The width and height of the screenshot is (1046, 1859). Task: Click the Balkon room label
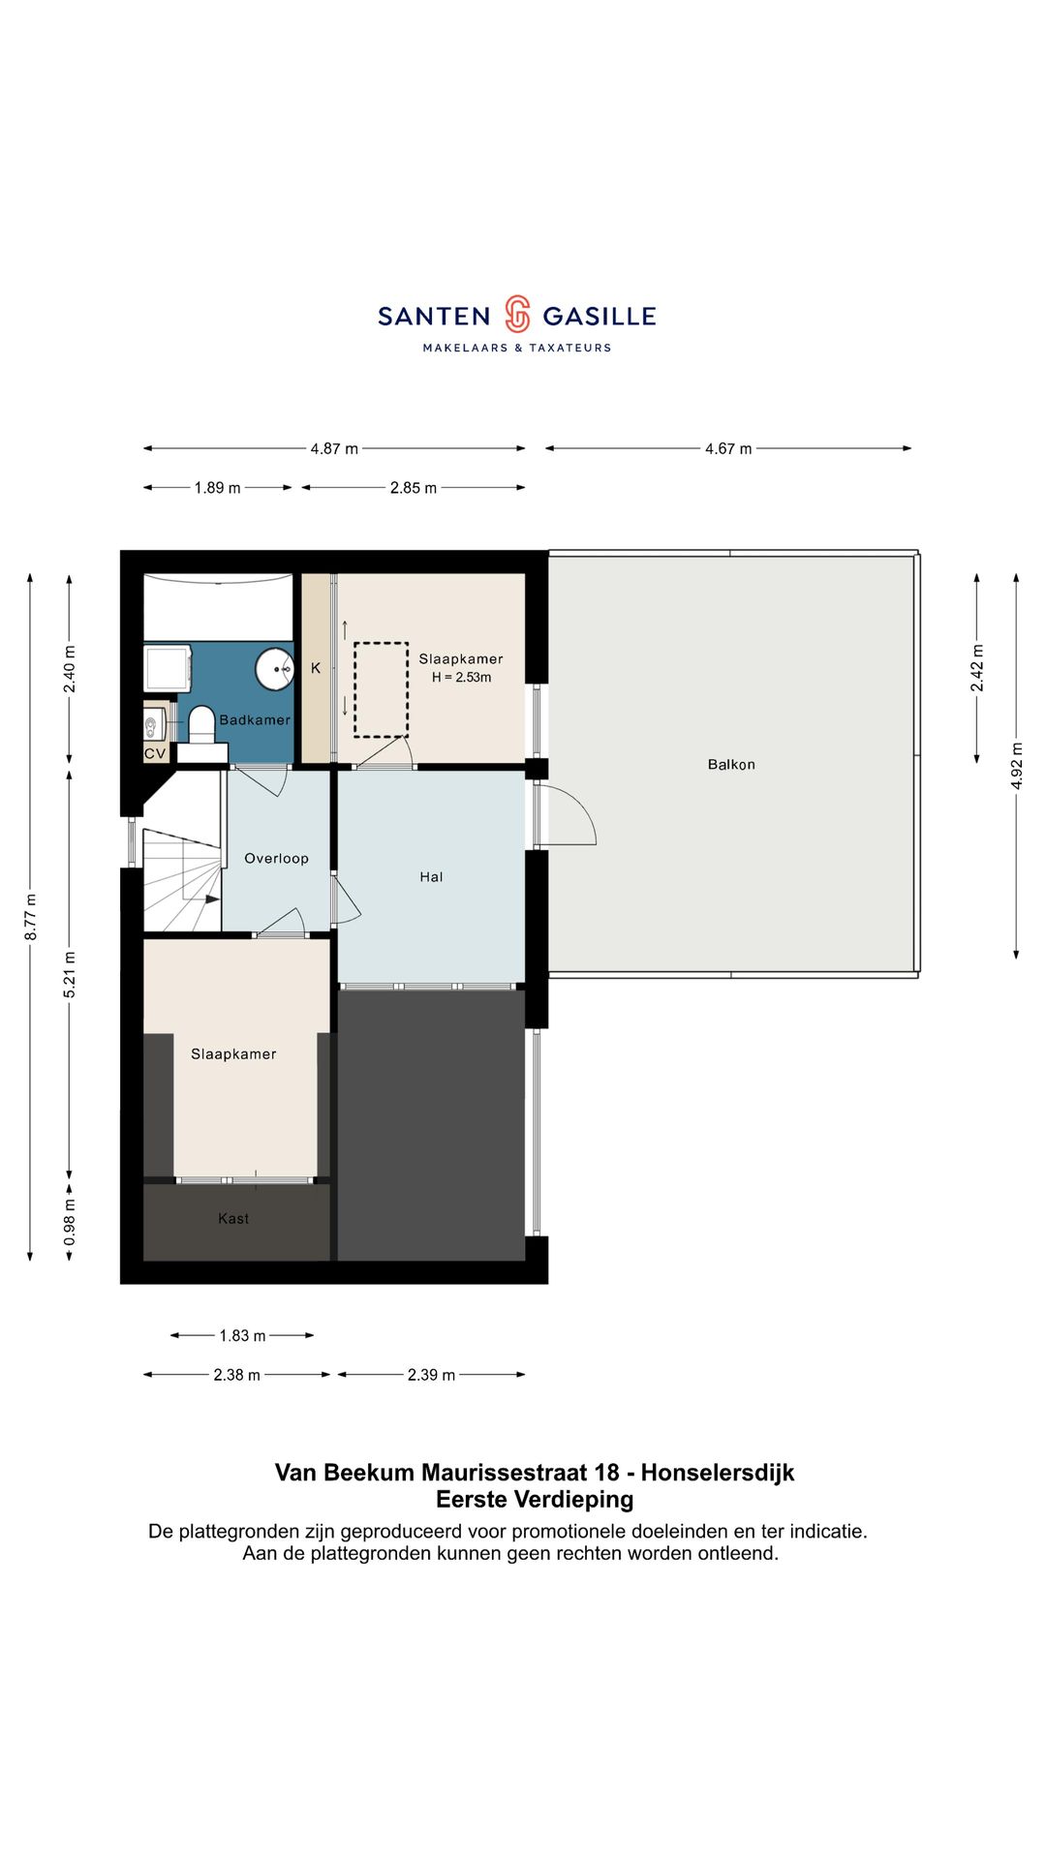pos(731,765)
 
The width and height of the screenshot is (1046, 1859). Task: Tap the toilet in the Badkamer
pos(201,724)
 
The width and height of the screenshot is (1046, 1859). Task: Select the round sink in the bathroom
pos(275,669)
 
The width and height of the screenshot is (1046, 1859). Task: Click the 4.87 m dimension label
pos(334,449)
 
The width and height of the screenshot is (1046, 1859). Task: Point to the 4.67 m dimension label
pos(728,449)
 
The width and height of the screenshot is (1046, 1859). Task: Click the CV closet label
pos(155,753)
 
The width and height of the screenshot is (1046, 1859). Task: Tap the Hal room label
pos(431,877)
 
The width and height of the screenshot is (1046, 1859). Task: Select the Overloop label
pos(276,859)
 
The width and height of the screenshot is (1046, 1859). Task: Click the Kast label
pos(233,1219)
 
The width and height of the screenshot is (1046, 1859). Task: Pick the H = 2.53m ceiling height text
pos(461,678)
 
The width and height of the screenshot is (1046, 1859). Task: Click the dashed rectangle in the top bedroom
pos(381,690)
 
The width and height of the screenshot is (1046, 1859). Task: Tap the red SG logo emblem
pos(517,315)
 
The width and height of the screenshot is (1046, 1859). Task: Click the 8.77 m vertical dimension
pos(31,917)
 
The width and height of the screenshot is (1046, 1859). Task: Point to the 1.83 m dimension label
pos(242,1336)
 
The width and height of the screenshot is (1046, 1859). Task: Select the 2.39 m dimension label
pos(431,1375)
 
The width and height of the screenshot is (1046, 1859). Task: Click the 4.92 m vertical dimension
pos(1017,766)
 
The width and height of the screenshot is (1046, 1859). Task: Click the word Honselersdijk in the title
pos(718,1473)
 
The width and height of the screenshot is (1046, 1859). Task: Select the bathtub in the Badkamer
pos(218,607)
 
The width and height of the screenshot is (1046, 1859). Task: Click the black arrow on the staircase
pos(212,899)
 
